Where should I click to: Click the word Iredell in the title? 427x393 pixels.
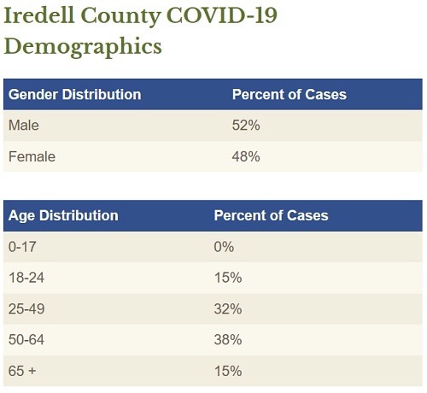39,15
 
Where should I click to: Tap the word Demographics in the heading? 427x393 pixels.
83,47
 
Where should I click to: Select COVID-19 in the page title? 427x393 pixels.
222,15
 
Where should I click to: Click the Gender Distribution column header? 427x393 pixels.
75,95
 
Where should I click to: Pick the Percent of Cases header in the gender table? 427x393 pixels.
290,95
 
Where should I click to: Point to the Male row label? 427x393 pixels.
24,126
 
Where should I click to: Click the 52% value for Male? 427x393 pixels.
246,126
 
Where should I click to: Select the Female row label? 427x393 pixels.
32,156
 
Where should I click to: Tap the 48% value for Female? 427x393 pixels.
246,156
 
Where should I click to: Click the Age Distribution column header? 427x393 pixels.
63,215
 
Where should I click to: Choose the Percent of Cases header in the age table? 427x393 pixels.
271,215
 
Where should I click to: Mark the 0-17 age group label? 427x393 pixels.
22,247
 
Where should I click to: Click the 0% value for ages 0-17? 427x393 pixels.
224,247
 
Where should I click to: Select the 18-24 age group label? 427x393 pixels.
26,278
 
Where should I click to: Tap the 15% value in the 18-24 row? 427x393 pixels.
228,278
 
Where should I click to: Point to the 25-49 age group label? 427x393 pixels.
26,308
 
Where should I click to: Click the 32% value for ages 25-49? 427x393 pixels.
228,308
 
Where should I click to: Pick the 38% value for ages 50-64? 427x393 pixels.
228,340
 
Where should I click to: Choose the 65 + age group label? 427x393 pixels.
22,371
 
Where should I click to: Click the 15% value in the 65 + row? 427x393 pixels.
228,371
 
